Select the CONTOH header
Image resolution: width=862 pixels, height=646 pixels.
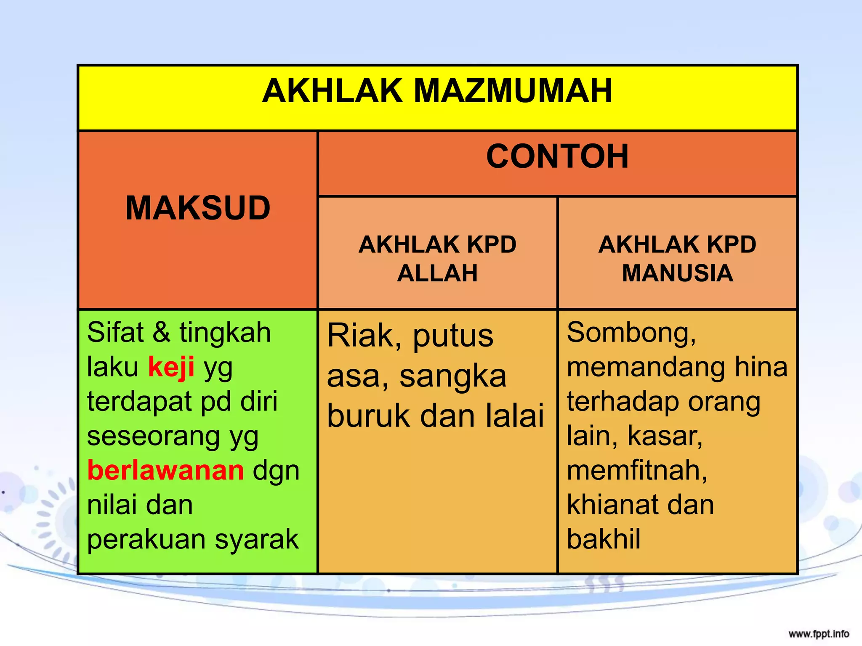point(557,157)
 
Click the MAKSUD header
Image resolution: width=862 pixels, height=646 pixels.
point(198,208)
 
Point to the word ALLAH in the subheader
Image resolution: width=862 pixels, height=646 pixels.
point(437,273)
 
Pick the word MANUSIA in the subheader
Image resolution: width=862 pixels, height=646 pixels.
point(677,273)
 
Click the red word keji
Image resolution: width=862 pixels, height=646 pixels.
point(171,367)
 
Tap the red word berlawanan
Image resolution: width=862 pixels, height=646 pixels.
point(165,470)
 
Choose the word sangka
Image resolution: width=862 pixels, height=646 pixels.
point(453,376)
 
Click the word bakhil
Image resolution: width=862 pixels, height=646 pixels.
point(604,540)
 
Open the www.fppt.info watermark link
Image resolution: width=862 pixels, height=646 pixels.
point(819,634)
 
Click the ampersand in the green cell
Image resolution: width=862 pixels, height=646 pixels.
point(162,333)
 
